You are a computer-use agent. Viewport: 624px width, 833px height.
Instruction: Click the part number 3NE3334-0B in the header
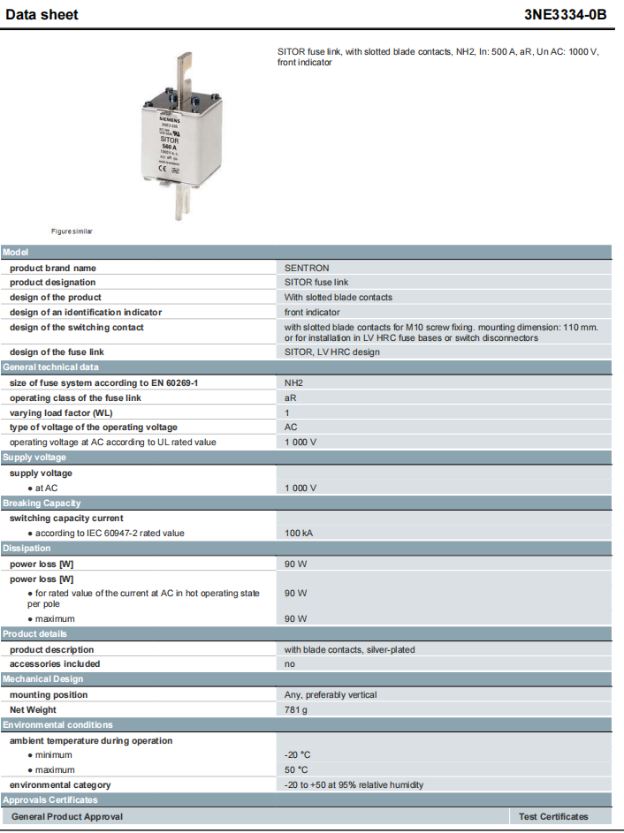click(571, 15)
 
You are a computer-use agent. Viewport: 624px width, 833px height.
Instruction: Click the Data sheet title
click(42, 15)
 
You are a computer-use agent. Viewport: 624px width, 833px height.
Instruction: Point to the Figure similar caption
click(72, 231)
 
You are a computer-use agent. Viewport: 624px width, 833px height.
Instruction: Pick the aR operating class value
click(290, 398)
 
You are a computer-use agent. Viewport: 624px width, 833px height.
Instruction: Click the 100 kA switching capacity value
click(299, 533)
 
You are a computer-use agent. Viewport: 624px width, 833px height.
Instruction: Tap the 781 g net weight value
click(296, 709)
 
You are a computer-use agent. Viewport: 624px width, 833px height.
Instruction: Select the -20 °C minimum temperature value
click(298, 754)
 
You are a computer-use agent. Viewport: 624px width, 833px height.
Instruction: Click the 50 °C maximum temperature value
click(296, 769)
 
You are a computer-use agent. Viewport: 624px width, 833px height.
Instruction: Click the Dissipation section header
click(27, 548)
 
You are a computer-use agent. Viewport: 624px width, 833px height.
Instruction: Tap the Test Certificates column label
click(553, 816)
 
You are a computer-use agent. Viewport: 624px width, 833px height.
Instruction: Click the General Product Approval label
click(67, 816)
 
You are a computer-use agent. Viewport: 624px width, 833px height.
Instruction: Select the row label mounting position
click(49, 694)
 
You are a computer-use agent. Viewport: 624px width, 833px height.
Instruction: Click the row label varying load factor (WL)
click(61, 413)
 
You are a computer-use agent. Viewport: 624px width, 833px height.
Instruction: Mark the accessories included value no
click(290, 663)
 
